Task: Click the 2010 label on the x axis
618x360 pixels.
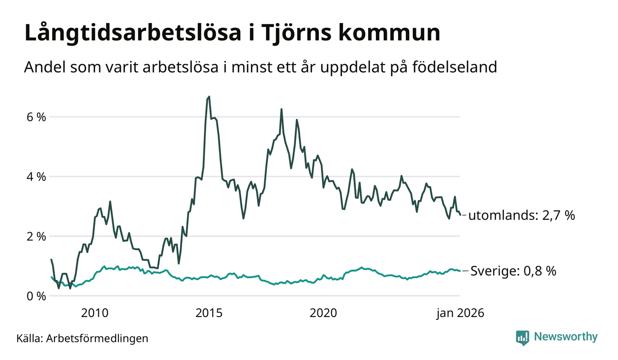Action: tap(95, 313)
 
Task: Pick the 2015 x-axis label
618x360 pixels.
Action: tap(209, 313)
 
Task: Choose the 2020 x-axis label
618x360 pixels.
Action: tap(323, 313)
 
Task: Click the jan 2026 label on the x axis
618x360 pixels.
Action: tap(460, 313)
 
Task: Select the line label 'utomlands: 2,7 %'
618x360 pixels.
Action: tap(522, 216)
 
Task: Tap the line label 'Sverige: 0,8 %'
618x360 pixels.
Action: tap(513, 271)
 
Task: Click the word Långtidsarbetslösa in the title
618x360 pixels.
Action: tap(131, 34)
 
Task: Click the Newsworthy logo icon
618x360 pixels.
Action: tap(523, 337)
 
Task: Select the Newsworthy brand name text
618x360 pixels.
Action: tap(565, 337)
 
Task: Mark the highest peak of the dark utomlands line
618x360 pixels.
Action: tap(209, 96)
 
